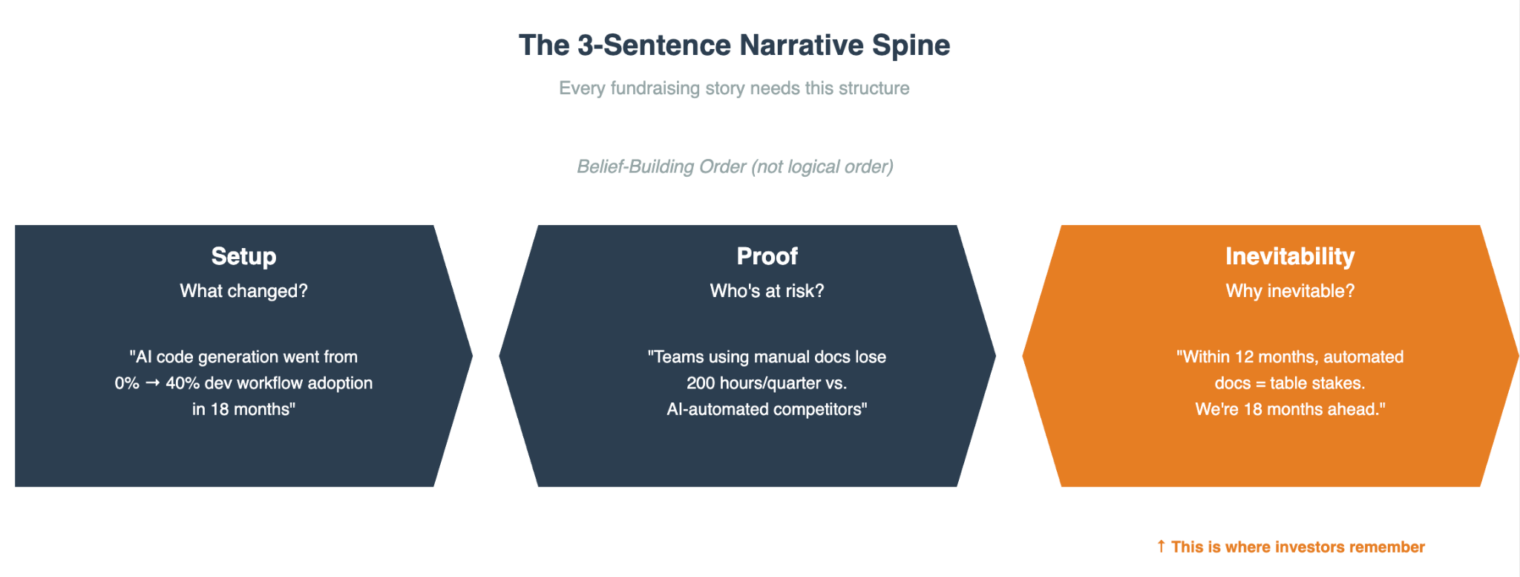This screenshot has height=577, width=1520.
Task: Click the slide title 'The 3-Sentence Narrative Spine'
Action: [734, 45]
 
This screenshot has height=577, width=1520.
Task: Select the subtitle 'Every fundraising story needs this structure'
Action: [734, 88]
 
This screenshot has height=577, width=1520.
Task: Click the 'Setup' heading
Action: [243, 256]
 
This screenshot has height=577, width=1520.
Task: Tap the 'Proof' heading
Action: [767, 256]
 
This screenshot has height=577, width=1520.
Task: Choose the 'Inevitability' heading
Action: [1290, 256]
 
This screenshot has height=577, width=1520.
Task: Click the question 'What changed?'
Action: [243, 291]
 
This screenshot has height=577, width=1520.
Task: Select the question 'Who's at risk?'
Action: [767, 291]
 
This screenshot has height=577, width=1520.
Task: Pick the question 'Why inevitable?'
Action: [1290, 291]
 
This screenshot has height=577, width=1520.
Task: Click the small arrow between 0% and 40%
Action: [152, 383]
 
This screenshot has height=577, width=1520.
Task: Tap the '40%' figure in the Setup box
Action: [182, 383]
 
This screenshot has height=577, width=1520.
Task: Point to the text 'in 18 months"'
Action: [243, 409]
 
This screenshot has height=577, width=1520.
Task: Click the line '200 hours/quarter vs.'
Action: [767, 383]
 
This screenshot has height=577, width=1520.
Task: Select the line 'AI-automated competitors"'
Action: [767, 409]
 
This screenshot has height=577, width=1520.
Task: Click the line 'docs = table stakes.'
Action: [1290, 383]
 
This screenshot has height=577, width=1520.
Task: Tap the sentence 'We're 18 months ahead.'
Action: [1290, 409]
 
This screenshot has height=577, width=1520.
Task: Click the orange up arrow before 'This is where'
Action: [1161, 547]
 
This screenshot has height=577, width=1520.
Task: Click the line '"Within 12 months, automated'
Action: [1290, 357]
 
